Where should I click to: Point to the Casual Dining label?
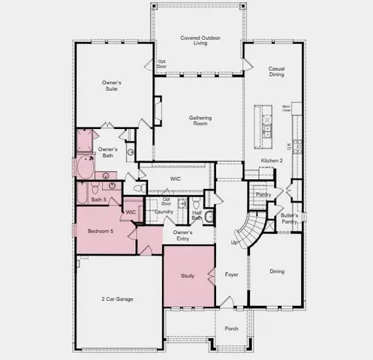tap(275, 72)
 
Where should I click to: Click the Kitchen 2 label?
tap(272, 161)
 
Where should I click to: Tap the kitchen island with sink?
tap(266, 123)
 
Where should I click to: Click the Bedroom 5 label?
tap(101, 232)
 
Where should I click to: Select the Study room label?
tap(188, 276)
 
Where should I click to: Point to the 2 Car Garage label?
tap(117, 299)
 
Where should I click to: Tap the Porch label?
tap(231, 328)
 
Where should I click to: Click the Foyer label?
tap(231, 275)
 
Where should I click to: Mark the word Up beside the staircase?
tap(234, 242)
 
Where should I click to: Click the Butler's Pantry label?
tap(290, 219)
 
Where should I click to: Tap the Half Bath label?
tap(197, 214)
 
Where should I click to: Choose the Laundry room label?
tap(164, 212)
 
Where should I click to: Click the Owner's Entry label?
tap(183, 236)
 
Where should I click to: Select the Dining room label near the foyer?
tap(277, 271)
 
